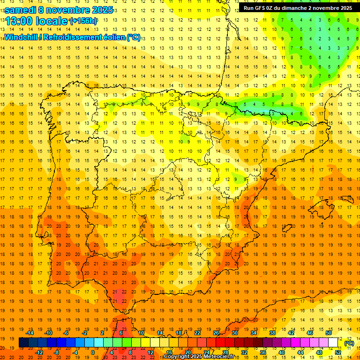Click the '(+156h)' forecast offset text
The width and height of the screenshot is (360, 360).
[x=83, y=21]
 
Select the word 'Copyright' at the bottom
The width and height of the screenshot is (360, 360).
[x=178, y=357]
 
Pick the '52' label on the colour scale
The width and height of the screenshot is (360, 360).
[x=337, y=352]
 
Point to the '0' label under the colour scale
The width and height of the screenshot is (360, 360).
[x=93, y=352]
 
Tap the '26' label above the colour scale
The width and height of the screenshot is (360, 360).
[x=216, y=333]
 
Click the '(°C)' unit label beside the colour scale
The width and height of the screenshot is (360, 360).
[x=349, y=343]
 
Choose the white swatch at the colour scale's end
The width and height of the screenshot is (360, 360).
[x=333, y=343]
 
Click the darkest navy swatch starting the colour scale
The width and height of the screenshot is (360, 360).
[x=23, y=343]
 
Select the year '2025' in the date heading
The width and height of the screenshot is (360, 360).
[x=102, y=9]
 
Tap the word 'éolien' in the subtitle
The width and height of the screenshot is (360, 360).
[x=114, y=37]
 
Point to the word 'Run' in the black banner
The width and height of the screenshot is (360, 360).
[x=248, y=8]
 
